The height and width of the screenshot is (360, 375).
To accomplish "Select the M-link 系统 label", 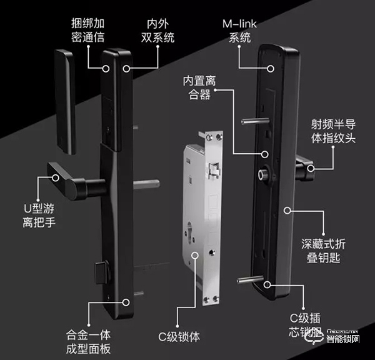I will [x=240, y=31].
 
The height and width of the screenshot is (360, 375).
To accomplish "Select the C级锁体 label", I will [x=179, y=337].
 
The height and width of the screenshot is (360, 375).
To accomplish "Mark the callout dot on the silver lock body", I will [x=196, y=255].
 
